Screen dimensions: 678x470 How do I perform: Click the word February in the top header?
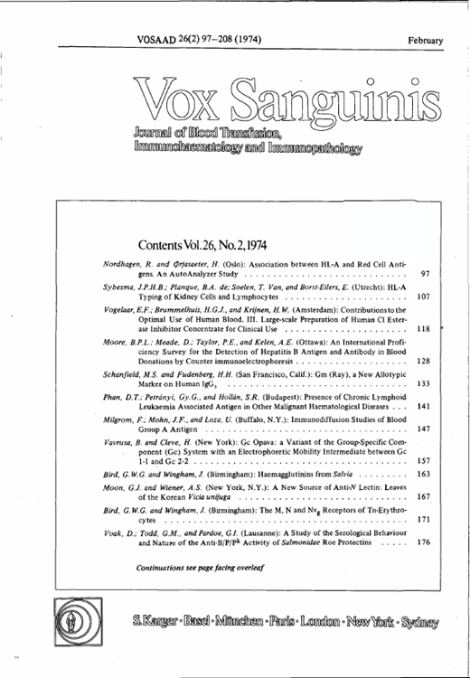pos(425,41)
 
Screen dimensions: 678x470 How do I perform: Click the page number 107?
pos(423,297)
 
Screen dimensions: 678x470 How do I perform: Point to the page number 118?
pos(423,329)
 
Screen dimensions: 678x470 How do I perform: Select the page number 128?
pos(423,361)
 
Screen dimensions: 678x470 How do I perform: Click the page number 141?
pos(423,408)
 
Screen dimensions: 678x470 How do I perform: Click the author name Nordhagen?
pos(124,262)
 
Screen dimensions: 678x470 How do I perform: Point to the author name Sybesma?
pos(122,287)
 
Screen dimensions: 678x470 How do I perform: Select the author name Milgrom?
pos(119,421)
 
